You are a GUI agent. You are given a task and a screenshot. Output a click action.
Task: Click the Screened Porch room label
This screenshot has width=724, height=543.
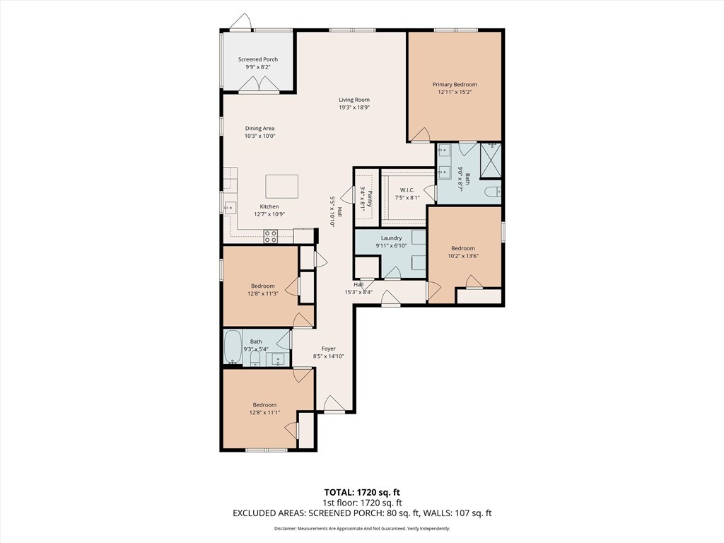coord(258,59)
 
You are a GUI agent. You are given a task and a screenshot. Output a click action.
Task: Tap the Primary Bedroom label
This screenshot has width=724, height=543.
coord(455,85)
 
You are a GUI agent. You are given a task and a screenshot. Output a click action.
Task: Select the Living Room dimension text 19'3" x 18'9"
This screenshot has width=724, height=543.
coord(355,107)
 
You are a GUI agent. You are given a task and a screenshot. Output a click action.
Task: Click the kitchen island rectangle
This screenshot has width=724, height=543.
coord(281,187)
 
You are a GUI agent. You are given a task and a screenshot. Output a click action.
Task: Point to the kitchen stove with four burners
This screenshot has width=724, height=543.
coord(271,236)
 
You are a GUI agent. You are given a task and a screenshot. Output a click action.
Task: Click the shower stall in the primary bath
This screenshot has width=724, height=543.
coord(491,160)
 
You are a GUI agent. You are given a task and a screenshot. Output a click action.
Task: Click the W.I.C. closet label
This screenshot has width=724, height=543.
coord(407,189)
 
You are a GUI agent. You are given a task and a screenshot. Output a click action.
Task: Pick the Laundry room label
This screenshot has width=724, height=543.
coord(392,238)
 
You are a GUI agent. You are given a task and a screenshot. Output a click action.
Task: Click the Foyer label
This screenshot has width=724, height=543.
coord(329,349)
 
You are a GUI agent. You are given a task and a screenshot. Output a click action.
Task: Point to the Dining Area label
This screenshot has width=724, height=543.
coord(260,129)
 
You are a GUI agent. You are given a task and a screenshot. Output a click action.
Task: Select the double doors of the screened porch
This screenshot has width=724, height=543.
coord(258,85)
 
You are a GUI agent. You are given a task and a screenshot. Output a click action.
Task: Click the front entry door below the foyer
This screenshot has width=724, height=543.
coord(334,404)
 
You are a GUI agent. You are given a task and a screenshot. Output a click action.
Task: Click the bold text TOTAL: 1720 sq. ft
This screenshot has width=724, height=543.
coord(362,492)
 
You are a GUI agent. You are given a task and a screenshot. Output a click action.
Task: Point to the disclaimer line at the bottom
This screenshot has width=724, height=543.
coord(362,529)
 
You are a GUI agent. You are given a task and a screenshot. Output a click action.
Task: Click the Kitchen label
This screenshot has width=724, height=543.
coord(269,206)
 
